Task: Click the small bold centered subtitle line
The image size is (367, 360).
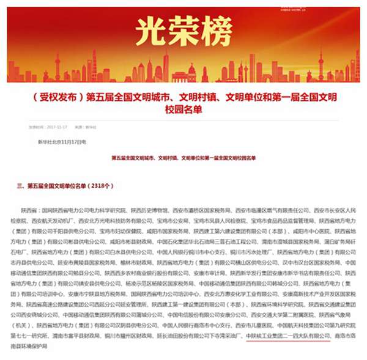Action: (183, 158)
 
